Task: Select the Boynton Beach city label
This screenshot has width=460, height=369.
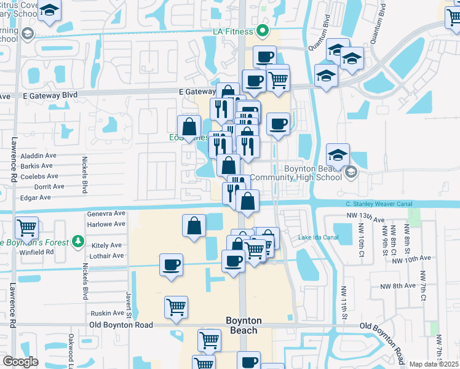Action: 244,325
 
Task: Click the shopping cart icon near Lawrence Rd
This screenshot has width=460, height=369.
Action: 27,228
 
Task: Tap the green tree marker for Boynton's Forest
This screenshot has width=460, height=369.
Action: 78,242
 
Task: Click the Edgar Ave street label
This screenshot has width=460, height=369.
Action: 36,197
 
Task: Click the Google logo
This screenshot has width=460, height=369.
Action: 20,362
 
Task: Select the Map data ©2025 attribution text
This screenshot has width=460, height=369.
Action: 434,364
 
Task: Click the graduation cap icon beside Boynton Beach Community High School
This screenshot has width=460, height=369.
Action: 338,155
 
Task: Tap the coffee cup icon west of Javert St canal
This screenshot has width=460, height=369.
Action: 171,266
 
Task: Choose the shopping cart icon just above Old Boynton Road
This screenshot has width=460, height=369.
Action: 176,307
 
